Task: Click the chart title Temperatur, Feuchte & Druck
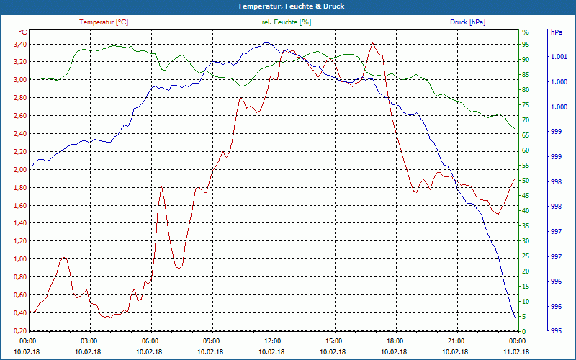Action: (x=288, y=6)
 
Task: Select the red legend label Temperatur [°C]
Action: (x=104, y=22)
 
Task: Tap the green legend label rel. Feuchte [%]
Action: (x=287, y=22)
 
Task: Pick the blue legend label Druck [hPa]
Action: (x=467, y=22)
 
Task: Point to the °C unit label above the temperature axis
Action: (x=23, y=32)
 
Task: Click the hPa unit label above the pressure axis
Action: (x=556, y=32)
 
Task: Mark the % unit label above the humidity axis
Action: (x=525, y=32)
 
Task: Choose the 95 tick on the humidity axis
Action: (x=525, y=44)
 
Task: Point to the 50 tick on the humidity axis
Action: (x=525, y=181)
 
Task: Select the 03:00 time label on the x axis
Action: (x=89, y=341)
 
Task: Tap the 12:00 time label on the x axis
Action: (x=272, y=341)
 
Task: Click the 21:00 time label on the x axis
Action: (x=456, y=341)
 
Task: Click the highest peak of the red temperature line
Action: (x=372, y=43)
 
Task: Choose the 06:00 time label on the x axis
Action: (x=150, y=341)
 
